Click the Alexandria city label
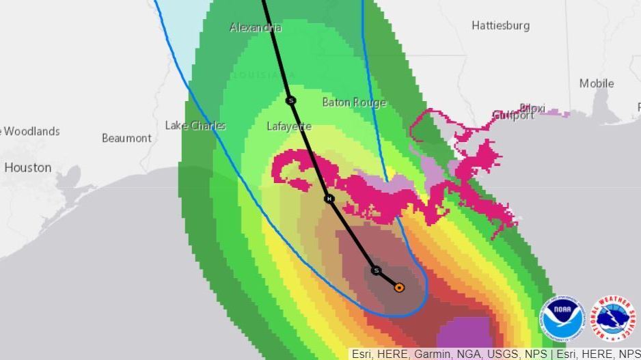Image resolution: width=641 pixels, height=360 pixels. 255,27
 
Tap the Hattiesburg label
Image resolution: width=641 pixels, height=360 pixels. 500,25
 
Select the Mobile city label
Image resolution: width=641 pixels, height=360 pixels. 597,83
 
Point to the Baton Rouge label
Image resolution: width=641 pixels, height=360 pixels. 354,102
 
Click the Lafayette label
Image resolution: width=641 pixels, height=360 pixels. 289,126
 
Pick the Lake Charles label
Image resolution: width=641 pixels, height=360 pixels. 195,125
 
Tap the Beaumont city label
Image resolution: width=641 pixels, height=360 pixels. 126,138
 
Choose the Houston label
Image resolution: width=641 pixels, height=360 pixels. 28,167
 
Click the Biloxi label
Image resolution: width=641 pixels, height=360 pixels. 532,108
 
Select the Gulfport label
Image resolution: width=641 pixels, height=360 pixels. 513,115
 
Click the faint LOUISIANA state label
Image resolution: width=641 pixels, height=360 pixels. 264,74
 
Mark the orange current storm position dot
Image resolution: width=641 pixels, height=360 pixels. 399,288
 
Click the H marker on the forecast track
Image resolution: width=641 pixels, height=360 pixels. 329,199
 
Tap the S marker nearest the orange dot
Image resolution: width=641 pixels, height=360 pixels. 376,271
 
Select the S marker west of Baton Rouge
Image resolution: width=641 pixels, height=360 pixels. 291,100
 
